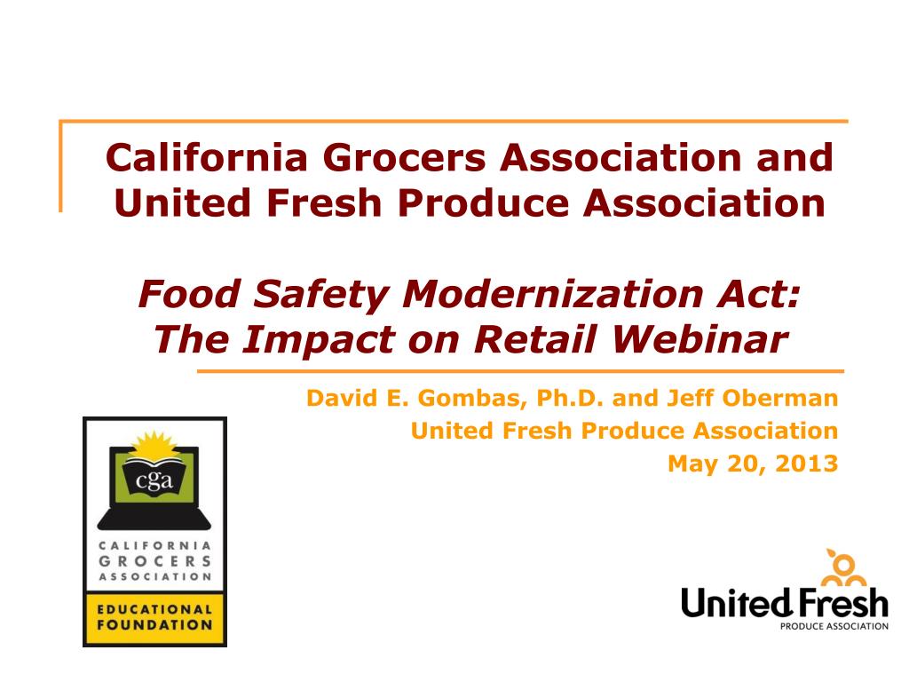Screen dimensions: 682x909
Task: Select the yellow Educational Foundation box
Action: pyautogui.click(x=154, y=617)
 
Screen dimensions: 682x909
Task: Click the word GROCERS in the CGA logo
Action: pyautogui.click(x=154, y=561)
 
